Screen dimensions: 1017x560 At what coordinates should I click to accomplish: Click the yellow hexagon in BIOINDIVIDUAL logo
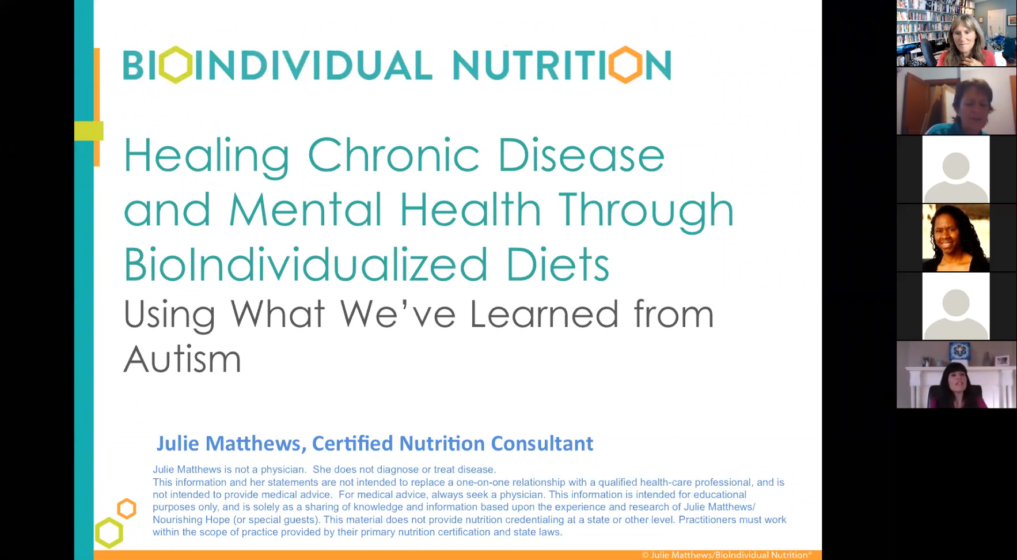(176, 65)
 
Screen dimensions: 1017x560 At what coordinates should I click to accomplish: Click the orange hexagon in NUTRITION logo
(625, 65)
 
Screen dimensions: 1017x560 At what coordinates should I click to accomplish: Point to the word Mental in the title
(306, 209)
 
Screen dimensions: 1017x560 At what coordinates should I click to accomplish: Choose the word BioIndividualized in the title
(306, 264)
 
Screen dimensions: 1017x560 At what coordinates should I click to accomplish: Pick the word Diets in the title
(557, 264)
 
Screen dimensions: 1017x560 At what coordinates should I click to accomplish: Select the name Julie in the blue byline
(178, 443)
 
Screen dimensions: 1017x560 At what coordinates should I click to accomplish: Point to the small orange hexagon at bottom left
(127, 509)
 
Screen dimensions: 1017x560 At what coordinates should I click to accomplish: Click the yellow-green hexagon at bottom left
(109, 533)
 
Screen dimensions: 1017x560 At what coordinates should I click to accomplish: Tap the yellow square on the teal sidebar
(89, 131)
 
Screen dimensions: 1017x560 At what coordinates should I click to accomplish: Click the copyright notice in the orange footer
(727, 555)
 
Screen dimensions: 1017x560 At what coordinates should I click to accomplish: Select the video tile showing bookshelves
(956, 33)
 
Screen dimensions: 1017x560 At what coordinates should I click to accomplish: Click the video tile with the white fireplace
(956, 374)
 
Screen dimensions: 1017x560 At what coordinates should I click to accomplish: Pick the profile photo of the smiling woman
(956, 238)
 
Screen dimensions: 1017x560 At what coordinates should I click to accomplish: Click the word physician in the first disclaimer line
(282, 470)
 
